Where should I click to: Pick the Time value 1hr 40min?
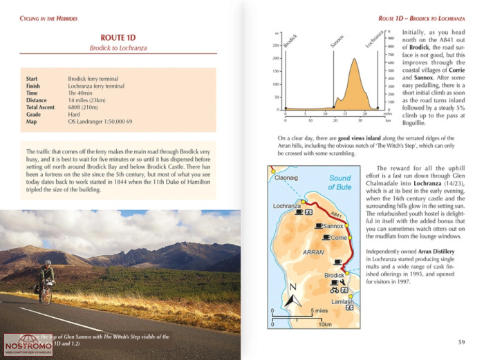pos(84,93)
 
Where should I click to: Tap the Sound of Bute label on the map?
pos(339,182)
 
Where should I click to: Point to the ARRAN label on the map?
pos(314,252)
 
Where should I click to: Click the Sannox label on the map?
pos(333,226)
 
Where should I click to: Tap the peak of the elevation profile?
pos(355,59)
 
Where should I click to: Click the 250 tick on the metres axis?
pos(277,46)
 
